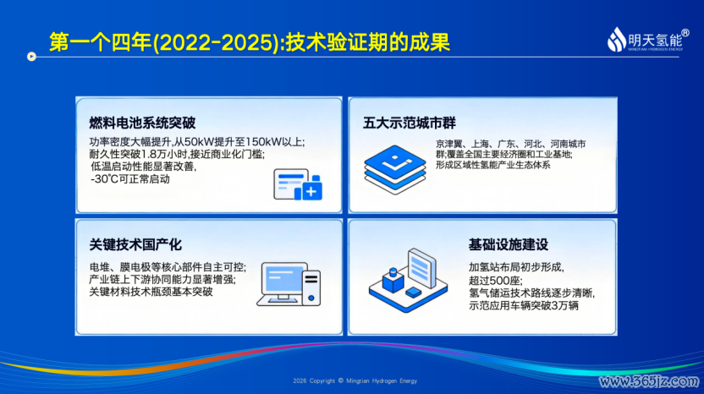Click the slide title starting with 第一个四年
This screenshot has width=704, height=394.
250,42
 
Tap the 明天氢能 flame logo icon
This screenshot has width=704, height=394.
617,40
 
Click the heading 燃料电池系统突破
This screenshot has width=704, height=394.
142,123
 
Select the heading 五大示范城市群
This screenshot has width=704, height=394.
410,123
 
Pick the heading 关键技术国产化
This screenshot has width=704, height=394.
135,244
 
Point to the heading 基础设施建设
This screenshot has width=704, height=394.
509,244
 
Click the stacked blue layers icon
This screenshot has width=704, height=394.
394,170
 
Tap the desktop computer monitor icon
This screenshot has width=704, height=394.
289,284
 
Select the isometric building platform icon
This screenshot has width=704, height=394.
408,280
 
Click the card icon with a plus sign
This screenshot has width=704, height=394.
298,184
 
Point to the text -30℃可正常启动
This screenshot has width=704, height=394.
130,179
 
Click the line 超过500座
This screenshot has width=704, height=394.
496,281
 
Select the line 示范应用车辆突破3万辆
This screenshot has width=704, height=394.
524,305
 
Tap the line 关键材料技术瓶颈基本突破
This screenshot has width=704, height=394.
151,292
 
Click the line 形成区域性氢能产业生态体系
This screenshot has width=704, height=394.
493,165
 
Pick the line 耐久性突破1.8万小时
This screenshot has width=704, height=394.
139,154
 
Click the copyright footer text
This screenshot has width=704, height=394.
355,381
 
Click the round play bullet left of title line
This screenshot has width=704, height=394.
31,57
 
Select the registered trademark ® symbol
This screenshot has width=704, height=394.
685,33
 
